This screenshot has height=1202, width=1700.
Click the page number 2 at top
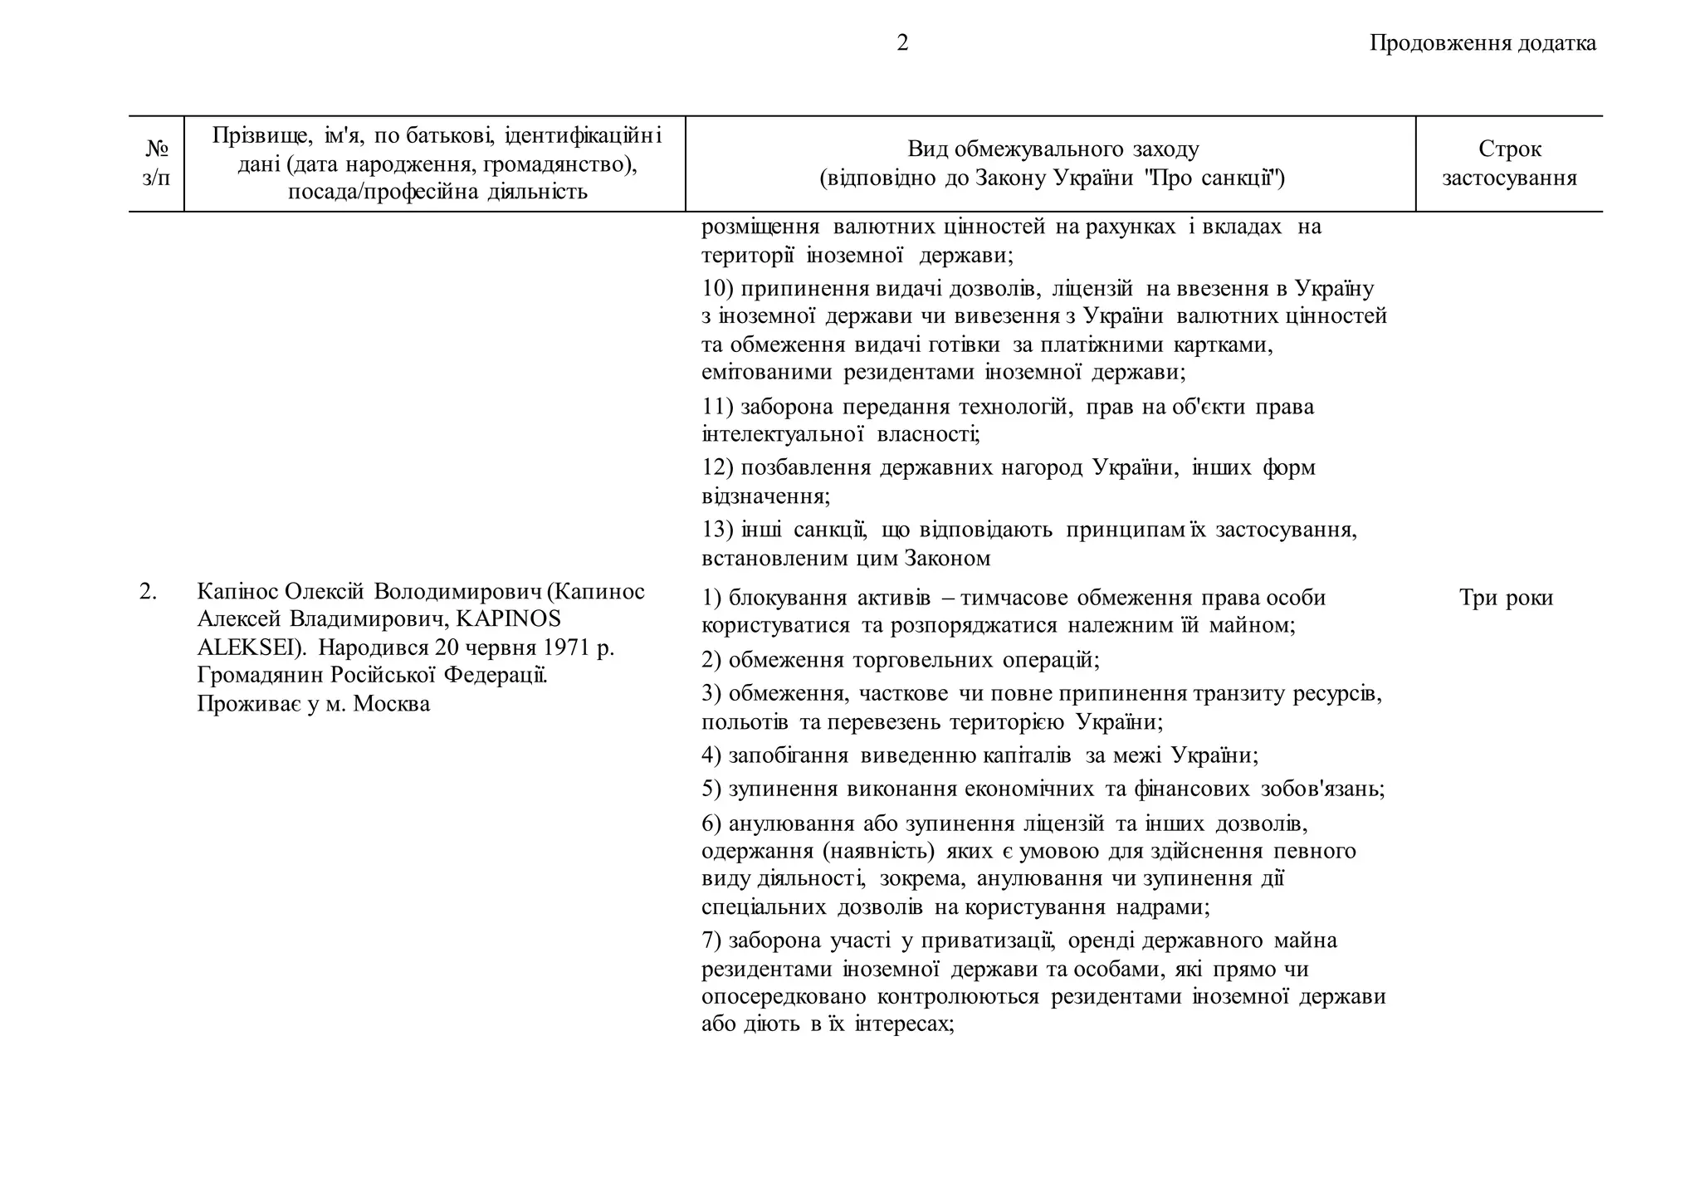click(x=902, y=43)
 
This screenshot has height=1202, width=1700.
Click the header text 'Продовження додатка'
click(x=1483, y=43)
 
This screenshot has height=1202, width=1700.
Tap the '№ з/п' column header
click(x=156, y=164)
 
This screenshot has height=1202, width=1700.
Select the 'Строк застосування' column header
click(x=1509, y=164)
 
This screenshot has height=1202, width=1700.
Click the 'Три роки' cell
click(x=1506, y=598)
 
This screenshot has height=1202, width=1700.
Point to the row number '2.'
click(x=148, y=592)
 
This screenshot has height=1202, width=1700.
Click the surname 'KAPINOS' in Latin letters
click(x=508, y=619)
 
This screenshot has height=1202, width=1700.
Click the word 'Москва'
click(x=392, y=704)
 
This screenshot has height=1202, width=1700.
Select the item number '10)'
click(x=717, y=289)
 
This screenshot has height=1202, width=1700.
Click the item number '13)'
click(x=717, y=530)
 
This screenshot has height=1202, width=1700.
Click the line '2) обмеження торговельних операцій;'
click(x=900, y=660)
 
